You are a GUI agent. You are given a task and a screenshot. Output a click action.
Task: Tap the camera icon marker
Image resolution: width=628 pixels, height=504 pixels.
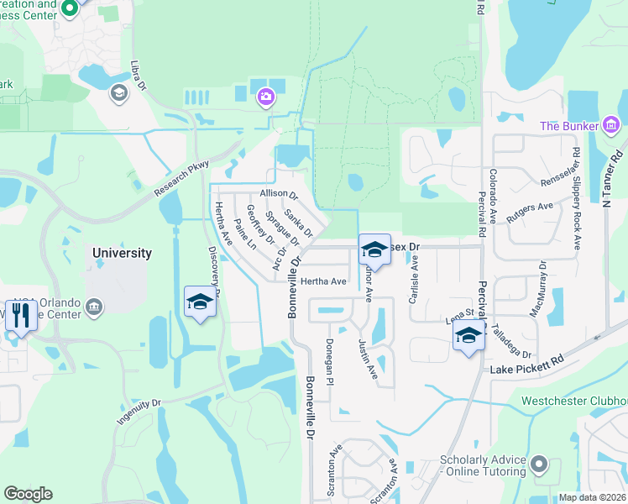(x=266, y=98)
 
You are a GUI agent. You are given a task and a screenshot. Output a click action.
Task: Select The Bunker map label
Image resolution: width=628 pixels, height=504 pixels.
(x=569, y=126)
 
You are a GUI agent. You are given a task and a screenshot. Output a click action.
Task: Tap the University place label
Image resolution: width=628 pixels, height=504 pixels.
(x=123, y=253)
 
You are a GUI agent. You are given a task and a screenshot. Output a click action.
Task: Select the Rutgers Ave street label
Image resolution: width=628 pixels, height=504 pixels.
(x=534, y=206)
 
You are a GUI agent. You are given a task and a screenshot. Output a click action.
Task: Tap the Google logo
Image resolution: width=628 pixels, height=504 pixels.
(x=28, y=494)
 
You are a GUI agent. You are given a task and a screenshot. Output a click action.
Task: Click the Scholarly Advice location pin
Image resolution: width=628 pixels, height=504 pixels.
(x=541, y=464)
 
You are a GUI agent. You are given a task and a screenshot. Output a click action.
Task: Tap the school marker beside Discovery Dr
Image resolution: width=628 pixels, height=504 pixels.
(x=201, y=302)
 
